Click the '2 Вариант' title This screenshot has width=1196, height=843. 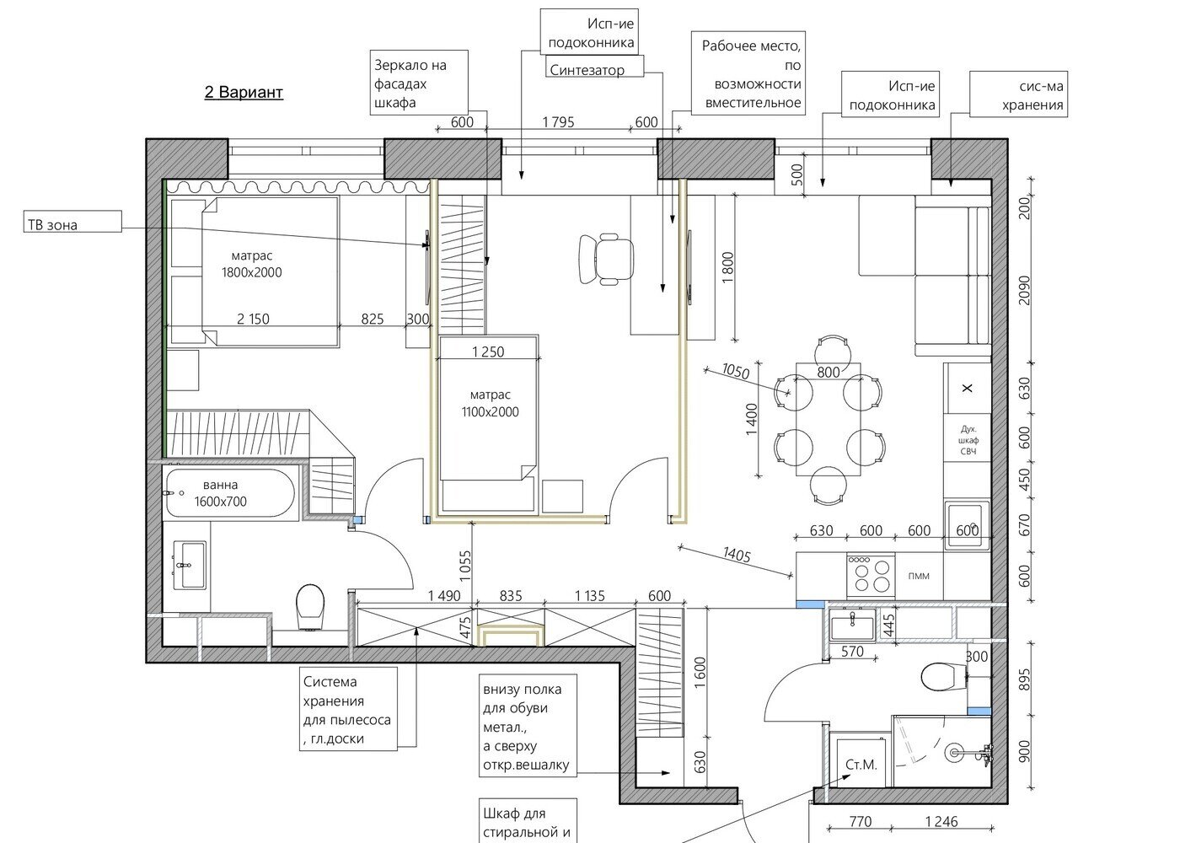[x=244, y=92]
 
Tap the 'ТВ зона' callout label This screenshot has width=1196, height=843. [x=72, y=222]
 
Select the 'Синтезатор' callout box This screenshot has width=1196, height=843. [x=594, y=67]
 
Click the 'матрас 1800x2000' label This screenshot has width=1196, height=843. [x=251, y=264]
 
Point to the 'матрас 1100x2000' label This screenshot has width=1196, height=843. [x=491, y=404]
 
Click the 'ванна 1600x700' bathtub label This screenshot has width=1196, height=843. [x=221, y=493]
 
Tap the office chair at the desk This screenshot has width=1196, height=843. [x=606, y=258]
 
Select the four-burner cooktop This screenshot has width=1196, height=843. [x=871, y=576]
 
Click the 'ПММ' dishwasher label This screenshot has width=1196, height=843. [x=919, y=576]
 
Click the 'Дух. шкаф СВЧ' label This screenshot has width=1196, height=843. [x=968, y=440]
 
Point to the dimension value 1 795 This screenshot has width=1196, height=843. [x=559, y=122]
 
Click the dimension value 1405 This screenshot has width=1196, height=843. [x=737, y=555]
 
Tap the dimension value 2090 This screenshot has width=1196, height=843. [x=1024, y=290]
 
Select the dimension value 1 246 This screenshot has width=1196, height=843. [x=941, y=821]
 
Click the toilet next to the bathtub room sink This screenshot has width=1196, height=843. [x=310, y=607]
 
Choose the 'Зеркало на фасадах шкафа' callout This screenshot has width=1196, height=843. [x=419, y=83]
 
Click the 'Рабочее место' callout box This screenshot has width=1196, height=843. [x=748, y=73]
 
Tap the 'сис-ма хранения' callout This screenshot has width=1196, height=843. [x=1018, y=94]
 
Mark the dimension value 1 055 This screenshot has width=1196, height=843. [x=465, y=566]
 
